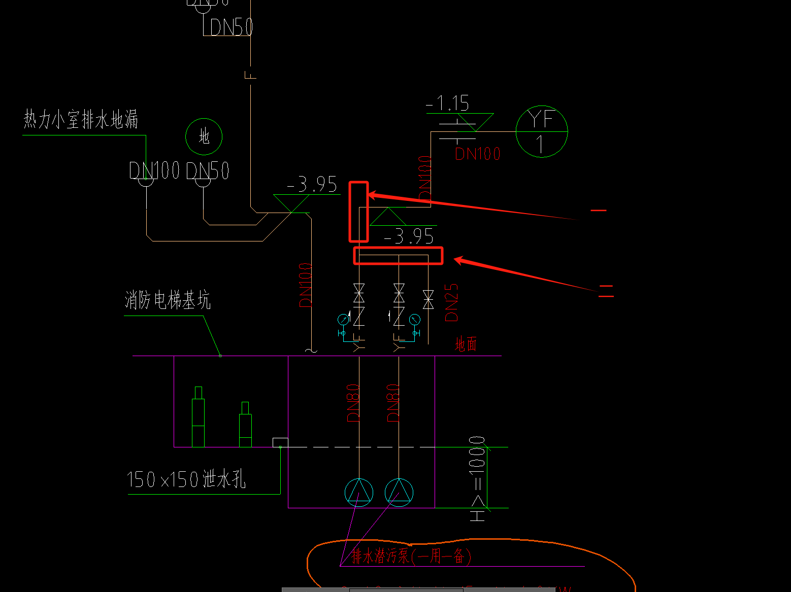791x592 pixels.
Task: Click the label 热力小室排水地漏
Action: (x=81, y=120)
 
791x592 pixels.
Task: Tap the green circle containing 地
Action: (x=204, y=136)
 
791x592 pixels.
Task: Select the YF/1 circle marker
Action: (x=541, y=131)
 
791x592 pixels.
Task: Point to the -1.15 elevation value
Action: (x=448, y=103)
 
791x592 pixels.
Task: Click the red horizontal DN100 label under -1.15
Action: (x=477, y=154)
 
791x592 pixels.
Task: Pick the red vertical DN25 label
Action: (x=451, y=302)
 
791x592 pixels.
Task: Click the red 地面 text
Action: (x=466, y=344)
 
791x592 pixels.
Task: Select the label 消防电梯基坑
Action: (x=167, y=300)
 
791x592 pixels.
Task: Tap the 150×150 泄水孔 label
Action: (x=186, y=479)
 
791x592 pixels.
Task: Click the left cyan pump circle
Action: (x=359, y=492)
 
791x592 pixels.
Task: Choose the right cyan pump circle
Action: (x=399, y=492)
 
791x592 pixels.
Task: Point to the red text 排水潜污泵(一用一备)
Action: (x=411, y=556)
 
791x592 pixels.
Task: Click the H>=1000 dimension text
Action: (x=477, y=478)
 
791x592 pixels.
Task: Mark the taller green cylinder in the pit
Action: (x=198, y=417)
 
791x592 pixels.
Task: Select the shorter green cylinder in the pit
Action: (x=245, y=425)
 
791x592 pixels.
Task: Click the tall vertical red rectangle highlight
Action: (x=358, y=212)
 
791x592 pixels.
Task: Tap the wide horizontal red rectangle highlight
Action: (x=398, y=256)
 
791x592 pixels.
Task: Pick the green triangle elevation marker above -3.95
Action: (x=388, y=217)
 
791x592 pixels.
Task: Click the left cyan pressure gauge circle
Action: (x=343, y=319)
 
